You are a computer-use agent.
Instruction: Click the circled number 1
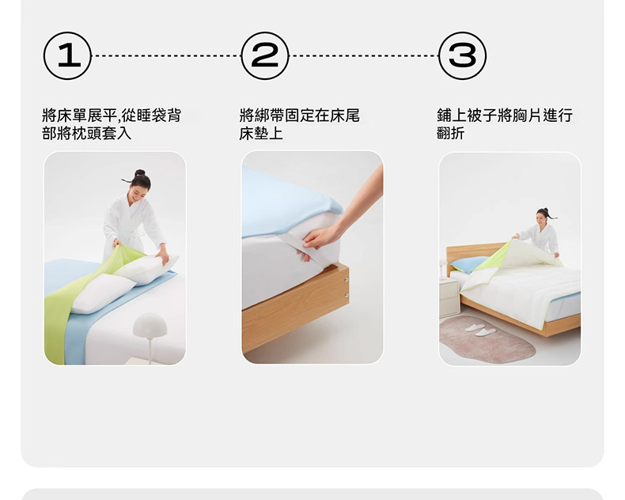point(67,56)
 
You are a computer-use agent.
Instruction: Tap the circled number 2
point(265,56)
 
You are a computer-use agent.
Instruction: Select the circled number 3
point(462,56)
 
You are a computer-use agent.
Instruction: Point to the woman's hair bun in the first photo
point(140,172)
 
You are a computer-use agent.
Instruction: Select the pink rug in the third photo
point(487,339)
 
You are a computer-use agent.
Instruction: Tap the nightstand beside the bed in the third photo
point(449,297)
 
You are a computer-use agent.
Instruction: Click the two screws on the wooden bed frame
point(347,287)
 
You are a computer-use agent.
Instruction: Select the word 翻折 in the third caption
point(451,133)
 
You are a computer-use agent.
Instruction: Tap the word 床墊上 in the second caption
point(261,133)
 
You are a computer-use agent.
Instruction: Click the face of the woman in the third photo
point(541,219)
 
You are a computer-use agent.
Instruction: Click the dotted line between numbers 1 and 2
point(167,56)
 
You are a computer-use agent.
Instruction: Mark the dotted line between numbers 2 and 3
point(364,56)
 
